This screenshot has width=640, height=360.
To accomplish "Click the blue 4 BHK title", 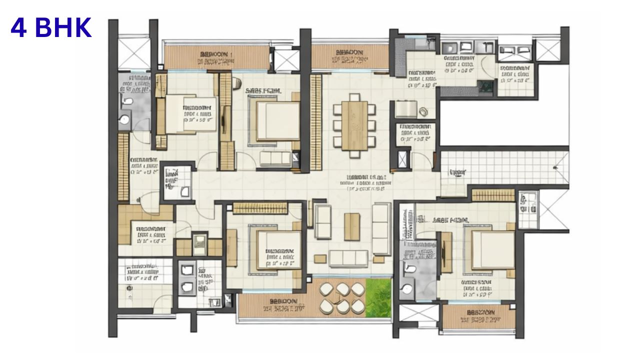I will pyautogui.click(x=51, y=28).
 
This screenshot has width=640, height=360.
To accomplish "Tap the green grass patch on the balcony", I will pyautogui.click(x=378, y=297).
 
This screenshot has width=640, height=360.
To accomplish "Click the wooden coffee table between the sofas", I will pyautogui.click(x=352, y=226).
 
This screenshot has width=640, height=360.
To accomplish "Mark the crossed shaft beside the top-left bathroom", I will pyautogui.click(x=133, y=53).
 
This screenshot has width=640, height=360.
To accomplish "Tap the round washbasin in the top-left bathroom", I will pyautogui.click(x=123, y=119).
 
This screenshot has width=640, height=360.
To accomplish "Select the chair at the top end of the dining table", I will pyautogui.click(x=354, y=96).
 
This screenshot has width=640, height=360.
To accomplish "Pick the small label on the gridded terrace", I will pyautogui.click(x=457, y=172).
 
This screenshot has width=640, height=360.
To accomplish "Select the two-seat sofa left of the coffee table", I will pyautogui.click(x=322, y=221).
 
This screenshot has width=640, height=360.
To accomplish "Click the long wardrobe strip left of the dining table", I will pyautogui.click(x=315, y=122).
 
